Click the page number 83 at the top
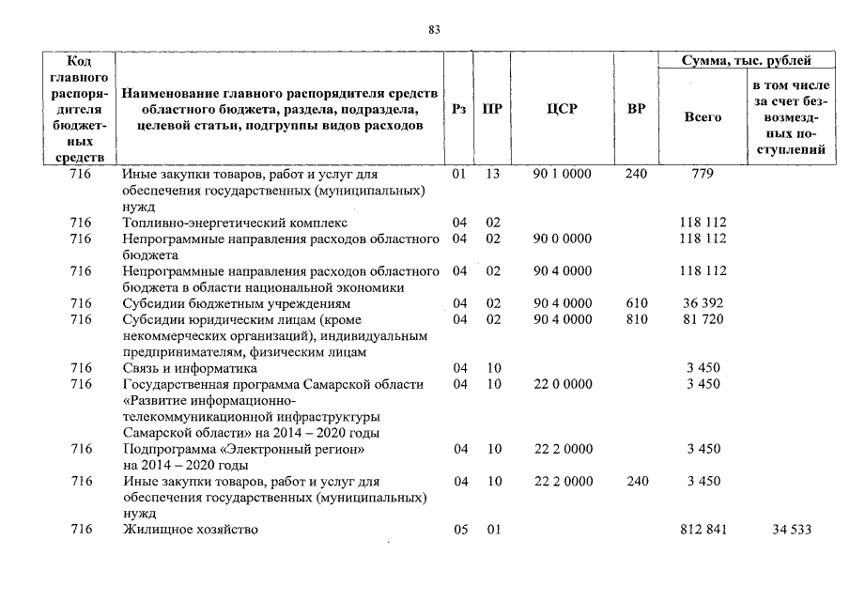[434, 30]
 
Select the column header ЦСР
[562, 109]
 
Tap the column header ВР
[636, 109]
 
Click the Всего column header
[703, 117]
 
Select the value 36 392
[703, 304]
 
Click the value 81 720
[703, 320]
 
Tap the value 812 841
[703, 531]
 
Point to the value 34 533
[791, 531]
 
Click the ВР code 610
[637, 304]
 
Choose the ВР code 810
[637, 320]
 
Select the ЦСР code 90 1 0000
[563, 175]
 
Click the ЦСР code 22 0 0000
[563, 384]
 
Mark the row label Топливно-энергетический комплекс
[235, 223]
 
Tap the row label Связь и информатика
[184, 368]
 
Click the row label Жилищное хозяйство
[190, 531]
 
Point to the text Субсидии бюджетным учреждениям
[236, 304]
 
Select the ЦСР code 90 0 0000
[563, 239]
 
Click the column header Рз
[458, 109]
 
